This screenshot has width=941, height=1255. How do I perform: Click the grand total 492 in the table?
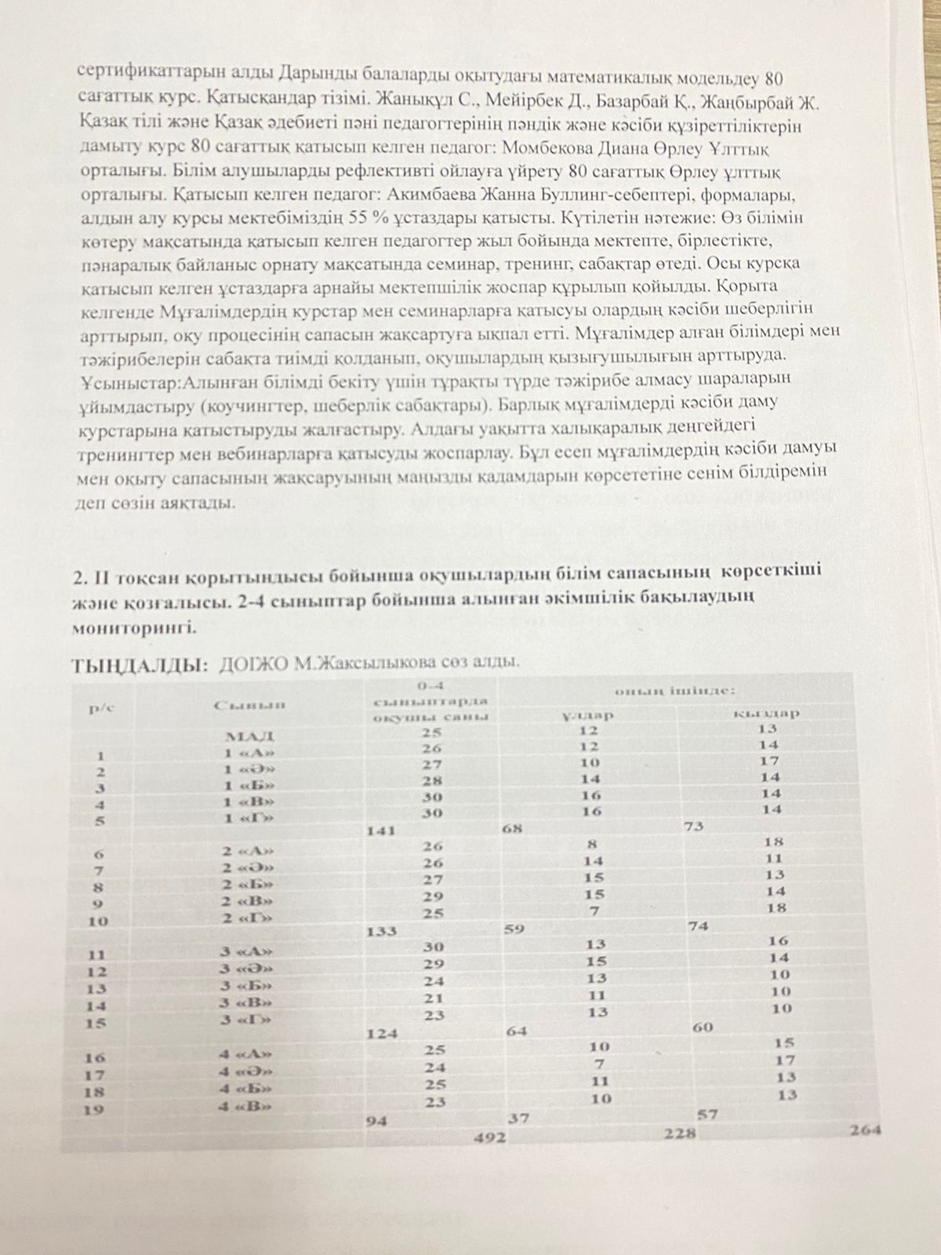[x=490, y=1138]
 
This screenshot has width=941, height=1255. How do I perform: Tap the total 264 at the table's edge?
[x=864, y=1130]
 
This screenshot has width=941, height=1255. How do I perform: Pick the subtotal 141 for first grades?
[x=381, y=829]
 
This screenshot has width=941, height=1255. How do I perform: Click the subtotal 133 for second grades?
[x=381, y=931]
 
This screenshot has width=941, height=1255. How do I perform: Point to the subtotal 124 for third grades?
[x=382, y=1033]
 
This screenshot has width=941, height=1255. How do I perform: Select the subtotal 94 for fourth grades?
[x=376, y=1120]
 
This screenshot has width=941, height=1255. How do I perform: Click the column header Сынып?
[x=249, y=704]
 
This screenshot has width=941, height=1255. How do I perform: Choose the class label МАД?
[x=249, y=736]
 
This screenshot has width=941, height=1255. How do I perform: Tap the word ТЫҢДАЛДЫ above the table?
[x=140, y=667]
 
